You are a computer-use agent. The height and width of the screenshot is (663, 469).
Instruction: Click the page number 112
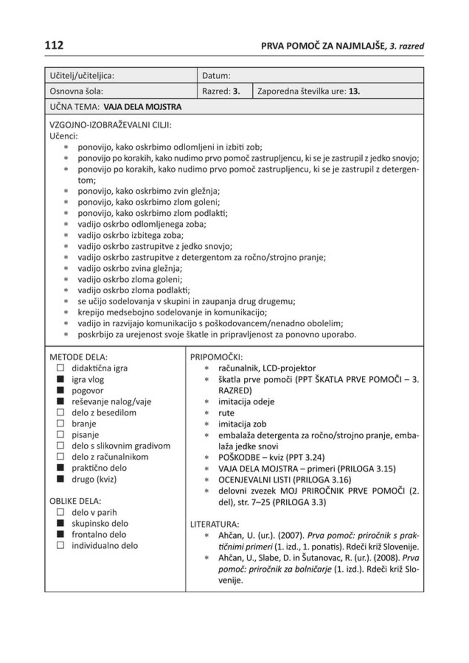pos(54,45)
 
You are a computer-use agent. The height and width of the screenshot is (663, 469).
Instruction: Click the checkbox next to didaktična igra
pos(60,368)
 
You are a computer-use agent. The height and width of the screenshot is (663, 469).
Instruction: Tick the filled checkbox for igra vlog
pos(60,379)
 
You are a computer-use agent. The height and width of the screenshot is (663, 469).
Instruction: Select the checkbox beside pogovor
pos(60,391)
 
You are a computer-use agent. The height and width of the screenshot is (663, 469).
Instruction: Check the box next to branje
pos(60,423)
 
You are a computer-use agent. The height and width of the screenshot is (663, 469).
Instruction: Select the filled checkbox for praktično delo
pos(60,468)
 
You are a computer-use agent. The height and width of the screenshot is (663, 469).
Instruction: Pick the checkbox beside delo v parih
pos(60,512)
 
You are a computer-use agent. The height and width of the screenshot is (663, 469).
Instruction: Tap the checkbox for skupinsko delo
pos(60,523)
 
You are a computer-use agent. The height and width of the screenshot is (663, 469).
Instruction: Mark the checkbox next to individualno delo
pos(60,545)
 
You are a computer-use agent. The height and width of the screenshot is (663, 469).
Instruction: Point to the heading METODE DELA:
pos(79,356)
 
